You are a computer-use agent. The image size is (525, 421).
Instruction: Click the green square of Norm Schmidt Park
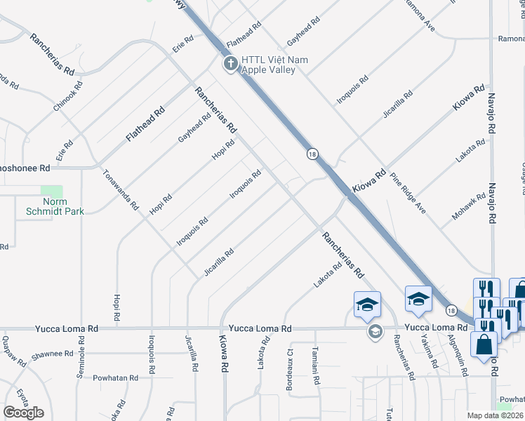[52, 192]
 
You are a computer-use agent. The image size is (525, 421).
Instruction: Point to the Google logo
[23, 413]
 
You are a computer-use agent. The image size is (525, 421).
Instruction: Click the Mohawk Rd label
[470, 207]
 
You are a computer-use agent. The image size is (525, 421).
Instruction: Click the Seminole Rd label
[81, 363]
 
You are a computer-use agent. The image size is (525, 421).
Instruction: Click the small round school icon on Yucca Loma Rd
[375, 332]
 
